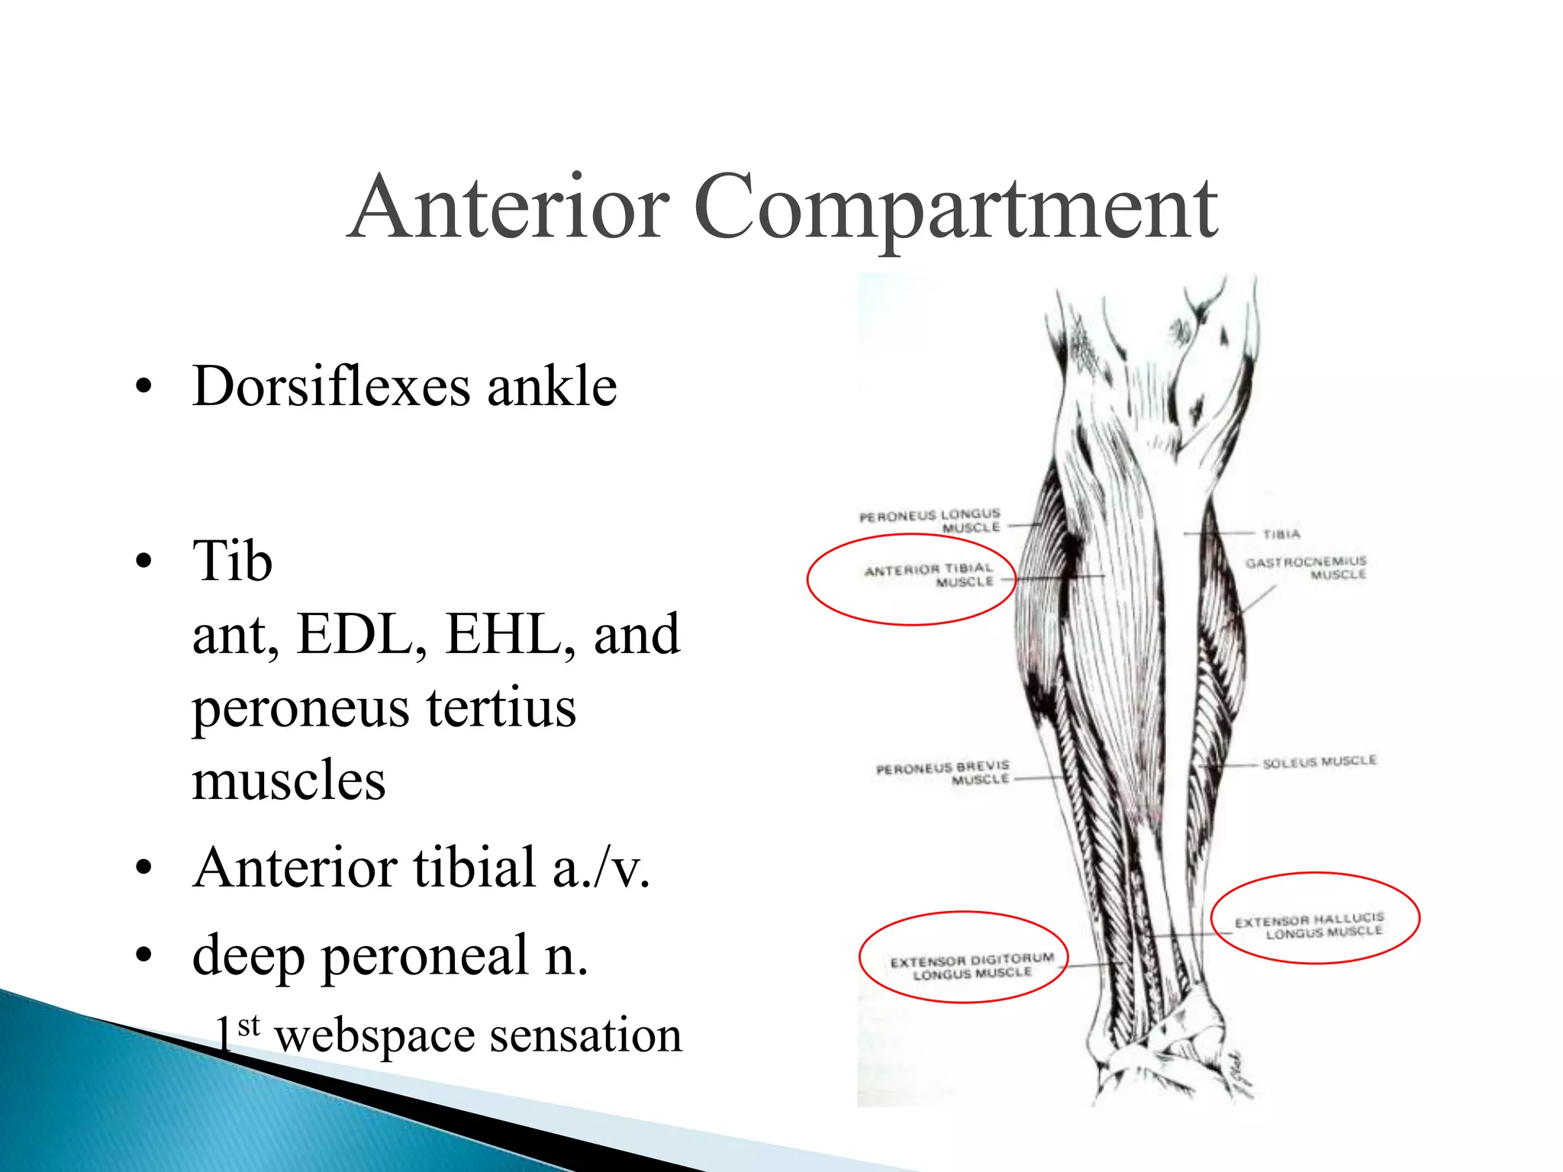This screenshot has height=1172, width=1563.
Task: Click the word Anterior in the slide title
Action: point(509,208)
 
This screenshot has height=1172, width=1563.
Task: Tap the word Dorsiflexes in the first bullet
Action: point(331,386)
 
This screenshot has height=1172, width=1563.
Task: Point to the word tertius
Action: point(501,707)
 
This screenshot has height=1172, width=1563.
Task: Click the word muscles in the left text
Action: point(288,781)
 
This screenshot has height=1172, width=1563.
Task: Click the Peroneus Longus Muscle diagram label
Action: point(930,521)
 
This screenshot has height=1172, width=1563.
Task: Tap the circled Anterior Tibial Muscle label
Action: point(930,575)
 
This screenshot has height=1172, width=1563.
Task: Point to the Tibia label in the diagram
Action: point(1281,534)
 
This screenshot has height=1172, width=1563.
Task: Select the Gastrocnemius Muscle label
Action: point(1306,568)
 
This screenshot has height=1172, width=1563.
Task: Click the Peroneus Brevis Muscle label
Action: point(943,772)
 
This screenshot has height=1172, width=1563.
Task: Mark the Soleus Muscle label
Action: point(1320,762)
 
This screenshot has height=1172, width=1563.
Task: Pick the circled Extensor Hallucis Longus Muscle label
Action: point(1310,925)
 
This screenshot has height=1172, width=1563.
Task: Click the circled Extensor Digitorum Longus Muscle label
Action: point(972,965)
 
